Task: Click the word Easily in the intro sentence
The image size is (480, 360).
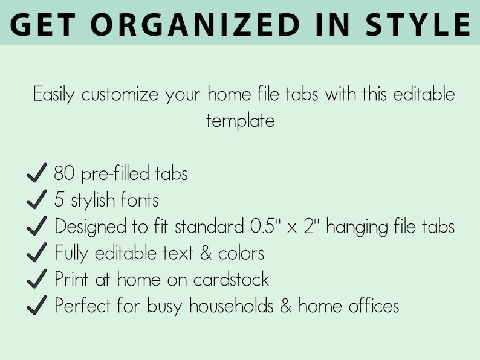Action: click(x=54, y=95)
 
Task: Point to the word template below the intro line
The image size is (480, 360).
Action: click(x=240, y=120)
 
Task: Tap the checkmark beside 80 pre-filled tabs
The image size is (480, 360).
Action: click(x=37, y=175)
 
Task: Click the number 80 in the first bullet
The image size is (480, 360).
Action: click(x=63, y=174)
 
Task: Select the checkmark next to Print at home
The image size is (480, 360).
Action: click(x=37, y=280)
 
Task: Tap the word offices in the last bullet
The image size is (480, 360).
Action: click(x=373, y=306)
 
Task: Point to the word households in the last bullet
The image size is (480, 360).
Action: click(x=235, y=306)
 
